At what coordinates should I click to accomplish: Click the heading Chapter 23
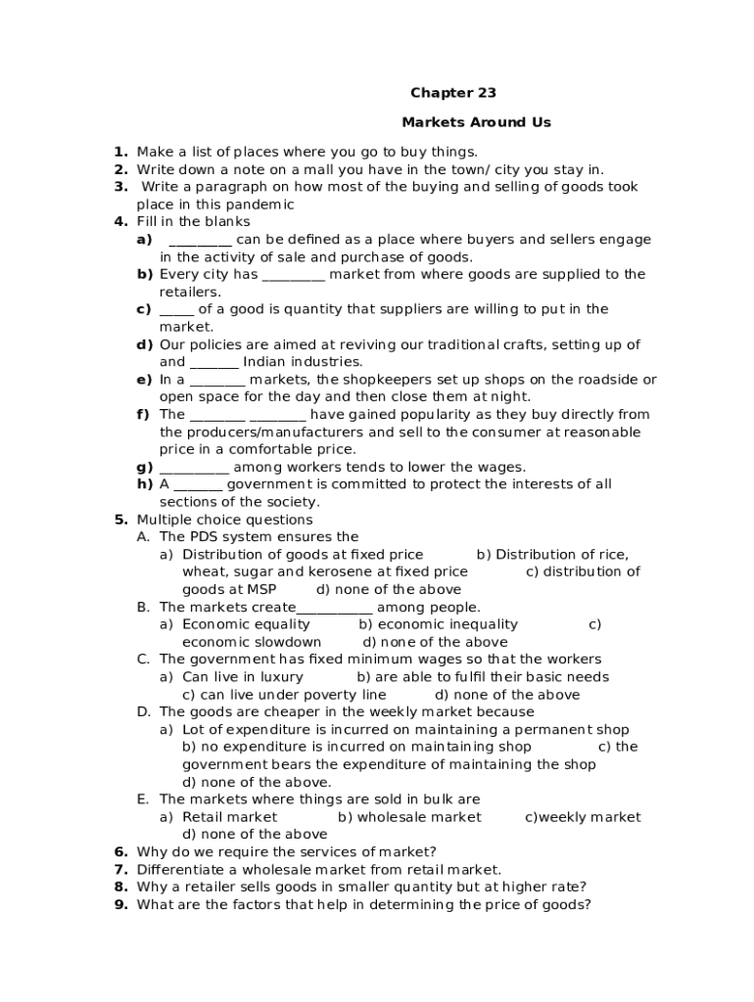pyautogui.click(x=452, y=93)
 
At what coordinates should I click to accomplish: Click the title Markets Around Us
pyautogui.click(x=476, y=122)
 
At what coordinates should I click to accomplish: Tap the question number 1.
pyautogui.click(x=119, y=152)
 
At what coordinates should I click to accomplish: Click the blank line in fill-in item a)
pyautogui.click(x=200, y=240)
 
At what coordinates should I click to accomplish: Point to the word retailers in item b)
pyautogui.click(x=189, y=292)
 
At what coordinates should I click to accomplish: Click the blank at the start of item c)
pyautogui.click(x=176, y=309)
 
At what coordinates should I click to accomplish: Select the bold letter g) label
pyautogui.click(x=145, y=467)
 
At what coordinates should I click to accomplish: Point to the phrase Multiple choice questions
pyautogui.click(x=224, y=520)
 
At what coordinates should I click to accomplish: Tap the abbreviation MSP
pyautogui.click(x=259, y=589)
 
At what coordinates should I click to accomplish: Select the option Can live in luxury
pyautogui.click(x=243, y=676)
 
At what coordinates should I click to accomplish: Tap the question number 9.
pyautogui.click(x=119, y=904)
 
